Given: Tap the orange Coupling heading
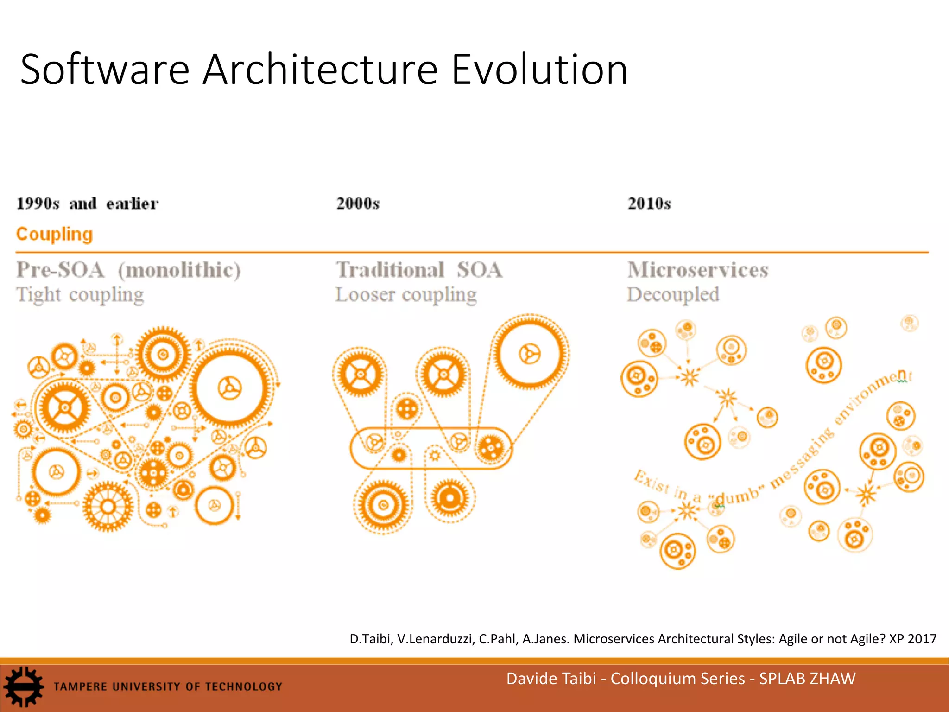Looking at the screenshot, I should (x=54, y=234).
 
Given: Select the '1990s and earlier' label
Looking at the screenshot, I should (x=87, y=203).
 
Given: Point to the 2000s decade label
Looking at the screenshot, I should (x=358, y=203).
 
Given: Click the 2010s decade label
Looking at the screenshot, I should (x=649, y=203).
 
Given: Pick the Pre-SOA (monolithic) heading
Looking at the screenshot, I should (x=128, y=270).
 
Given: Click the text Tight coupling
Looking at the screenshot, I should (x=80, y=295).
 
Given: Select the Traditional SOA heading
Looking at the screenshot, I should (x=419, y=270).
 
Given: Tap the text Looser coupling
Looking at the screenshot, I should (x=406, y=295).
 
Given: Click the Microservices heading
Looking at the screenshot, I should (x=698, y=270).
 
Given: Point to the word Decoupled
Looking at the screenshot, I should (x=673, y=295).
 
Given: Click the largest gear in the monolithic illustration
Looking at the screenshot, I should (x=230, y=388).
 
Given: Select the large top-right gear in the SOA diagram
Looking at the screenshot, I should (x=530, y=355).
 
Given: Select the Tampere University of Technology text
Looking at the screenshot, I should (x=168, y=687).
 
